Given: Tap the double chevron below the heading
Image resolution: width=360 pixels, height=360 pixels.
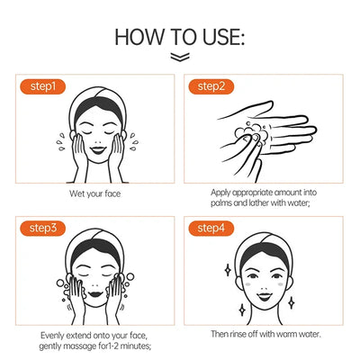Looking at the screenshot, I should (x=180, y=58).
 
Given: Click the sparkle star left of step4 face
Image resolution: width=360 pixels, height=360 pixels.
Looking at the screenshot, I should (x=225, y=269).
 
